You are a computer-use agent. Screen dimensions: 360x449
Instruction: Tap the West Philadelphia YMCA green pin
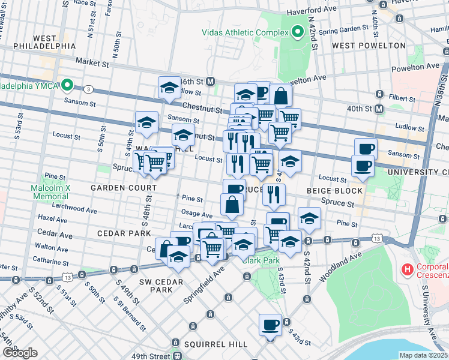[x=68, y=86]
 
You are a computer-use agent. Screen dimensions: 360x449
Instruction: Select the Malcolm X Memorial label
[x=51, y=192]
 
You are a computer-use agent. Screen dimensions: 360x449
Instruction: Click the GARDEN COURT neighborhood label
[x=123, y=188]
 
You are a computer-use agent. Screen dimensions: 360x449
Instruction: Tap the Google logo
[x=20, y=353]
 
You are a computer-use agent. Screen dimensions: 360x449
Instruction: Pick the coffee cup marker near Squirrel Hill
[x=270, y=326]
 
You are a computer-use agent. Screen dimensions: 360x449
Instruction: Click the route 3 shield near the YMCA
[x=88, y=89]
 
